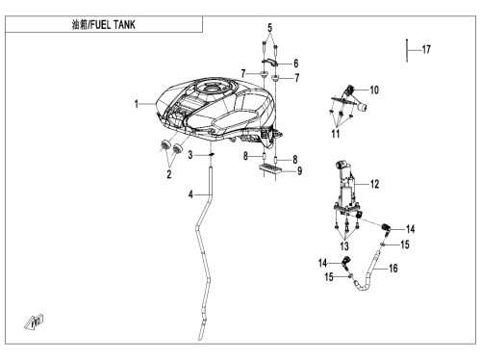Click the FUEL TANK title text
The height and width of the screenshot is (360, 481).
click(x=113, y=25)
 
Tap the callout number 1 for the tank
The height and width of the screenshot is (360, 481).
click(x=137, y=104)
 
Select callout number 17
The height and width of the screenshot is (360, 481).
click(x=426, y=49)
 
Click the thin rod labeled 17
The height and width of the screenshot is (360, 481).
click(x=407, y=50)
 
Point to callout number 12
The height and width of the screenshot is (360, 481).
click(x=374, y=184)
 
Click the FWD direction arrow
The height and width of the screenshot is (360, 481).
click(x=34, y=322)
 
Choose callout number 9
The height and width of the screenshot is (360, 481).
click(x=299, y=170)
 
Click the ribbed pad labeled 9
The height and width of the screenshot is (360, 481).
click(x=270, y=168)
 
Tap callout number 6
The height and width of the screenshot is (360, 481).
click(x=295, y=64)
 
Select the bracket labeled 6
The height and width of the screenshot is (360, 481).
click(x=269, y=62)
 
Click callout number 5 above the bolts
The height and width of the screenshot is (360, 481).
click(x=269, y=28)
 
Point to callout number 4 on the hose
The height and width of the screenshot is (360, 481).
click(x=190, y=194)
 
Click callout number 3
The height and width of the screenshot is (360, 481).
click(x=190, y=155)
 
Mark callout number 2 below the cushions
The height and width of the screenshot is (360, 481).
click(x=169, y=174)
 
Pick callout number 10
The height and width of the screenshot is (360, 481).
click(x=374, y=90)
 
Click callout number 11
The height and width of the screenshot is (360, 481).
click(x=336, y=134)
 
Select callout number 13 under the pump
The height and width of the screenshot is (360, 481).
click(x=344, y=246)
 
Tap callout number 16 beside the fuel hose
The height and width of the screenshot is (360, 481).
click(x=393, y=269)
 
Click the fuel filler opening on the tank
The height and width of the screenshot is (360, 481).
click(x=212, y=88)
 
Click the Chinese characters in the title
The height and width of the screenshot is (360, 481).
click(x=80, y=25)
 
